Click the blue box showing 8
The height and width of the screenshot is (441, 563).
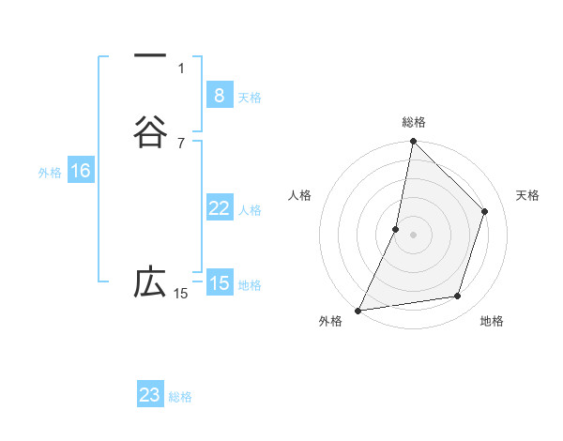[219, 96]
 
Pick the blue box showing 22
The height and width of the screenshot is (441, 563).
[219, 208]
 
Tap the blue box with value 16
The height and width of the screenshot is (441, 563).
[80, 171]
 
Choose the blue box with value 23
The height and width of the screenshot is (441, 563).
[150, 395]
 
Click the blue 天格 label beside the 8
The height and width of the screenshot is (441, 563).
[250, 98]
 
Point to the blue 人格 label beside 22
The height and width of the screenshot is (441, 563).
[250, 210]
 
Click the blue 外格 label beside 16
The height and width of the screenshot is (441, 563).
[50, 173]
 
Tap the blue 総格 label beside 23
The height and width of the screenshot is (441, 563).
[180, 397]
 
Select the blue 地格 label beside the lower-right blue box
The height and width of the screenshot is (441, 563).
[250, 285]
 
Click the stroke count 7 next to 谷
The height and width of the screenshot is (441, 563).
[181, 144]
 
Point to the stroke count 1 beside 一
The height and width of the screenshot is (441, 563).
[181, 68]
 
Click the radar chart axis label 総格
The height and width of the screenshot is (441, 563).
[413, 122]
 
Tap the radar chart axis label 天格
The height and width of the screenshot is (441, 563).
[527, 195]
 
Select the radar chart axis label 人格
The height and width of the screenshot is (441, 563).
[299, 195]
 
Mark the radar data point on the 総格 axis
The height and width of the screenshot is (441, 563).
[413, 141]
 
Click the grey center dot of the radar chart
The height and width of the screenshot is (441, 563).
[413, 234]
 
